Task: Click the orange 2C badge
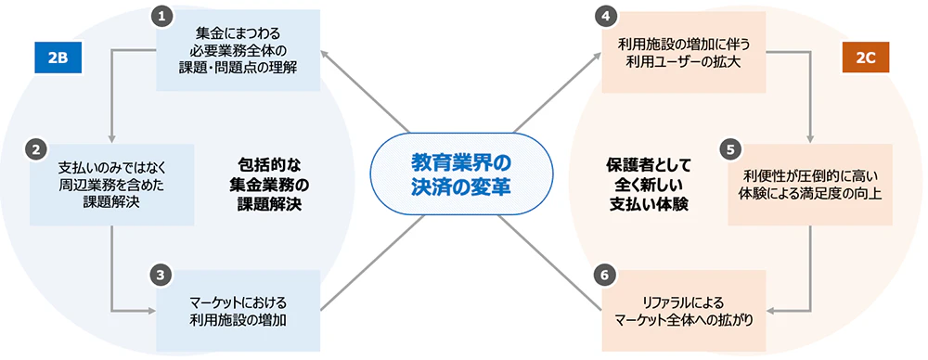[865, 58]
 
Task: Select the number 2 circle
[35, 148]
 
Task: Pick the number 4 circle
[606, 16]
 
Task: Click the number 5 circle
[731, 148]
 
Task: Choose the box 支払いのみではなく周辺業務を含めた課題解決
[111, 185]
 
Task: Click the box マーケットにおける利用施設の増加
[239, 310]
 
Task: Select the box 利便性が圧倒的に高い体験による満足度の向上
[810, 185]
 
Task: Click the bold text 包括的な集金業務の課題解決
[267, 184]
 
